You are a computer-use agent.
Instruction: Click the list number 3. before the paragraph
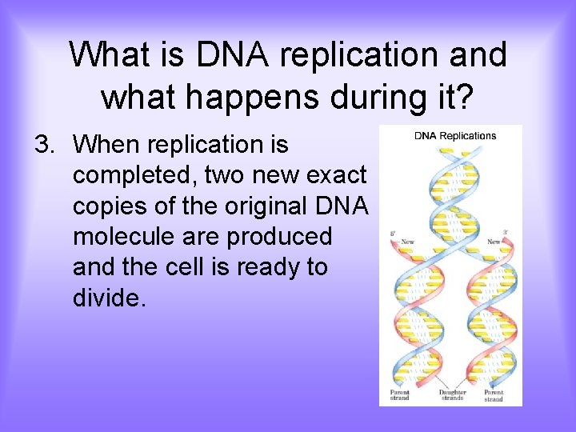point(47,145)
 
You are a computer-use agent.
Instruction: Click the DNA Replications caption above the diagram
point(454,135)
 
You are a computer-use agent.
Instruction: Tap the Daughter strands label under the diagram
point(452,395)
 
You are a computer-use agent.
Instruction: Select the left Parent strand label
point(399,395)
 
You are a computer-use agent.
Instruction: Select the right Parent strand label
point(494,395)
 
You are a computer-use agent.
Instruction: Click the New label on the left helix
point(407,242)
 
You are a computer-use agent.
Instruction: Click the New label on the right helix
point(494,242)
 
